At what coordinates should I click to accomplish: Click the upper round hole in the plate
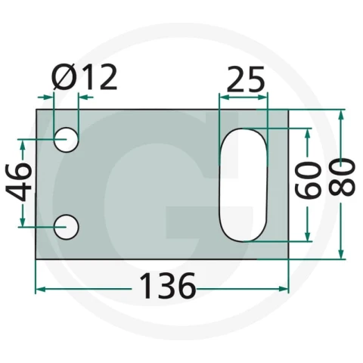pos(66,140)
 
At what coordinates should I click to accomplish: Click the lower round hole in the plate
pos(67,227)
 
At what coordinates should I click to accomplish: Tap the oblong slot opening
pos(243,185)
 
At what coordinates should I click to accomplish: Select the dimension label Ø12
pos(85,76)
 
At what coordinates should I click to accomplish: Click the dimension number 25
pos(246,79)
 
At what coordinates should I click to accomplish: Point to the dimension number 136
pos(168,286)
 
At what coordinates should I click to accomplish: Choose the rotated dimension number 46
pos(18,182)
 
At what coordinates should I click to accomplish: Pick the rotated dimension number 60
pos(308,180)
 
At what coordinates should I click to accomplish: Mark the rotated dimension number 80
pos(343,177)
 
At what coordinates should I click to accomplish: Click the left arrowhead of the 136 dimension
pos(41,289)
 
